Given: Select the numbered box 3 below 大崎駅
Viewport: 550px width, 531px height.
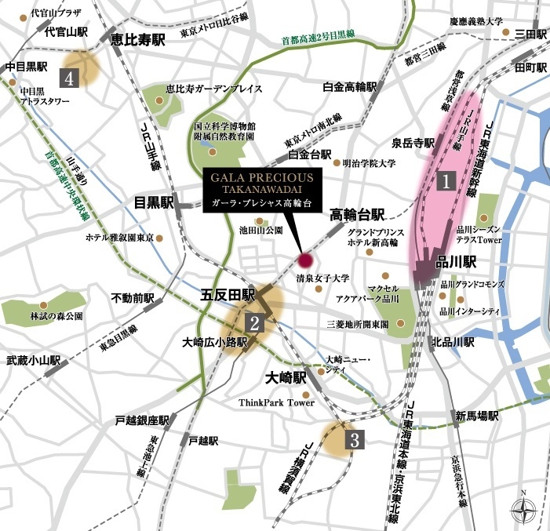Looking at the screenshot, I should coord(355,439).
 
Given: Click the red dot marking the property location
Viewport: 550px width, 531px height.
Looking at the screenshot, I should coord(304,260).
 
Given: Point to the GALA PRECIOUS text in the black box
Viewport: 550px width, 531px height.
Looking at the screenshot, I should coord(260,178).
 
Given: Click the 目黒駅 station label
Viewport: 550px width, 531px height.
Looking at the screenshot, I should coord(152,202).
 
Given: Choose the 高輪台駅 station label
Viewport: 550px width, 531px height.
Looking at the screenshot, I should coord(357,213).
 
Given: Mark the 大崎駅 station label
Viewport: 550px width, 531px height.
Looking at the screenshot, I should coord(283,376).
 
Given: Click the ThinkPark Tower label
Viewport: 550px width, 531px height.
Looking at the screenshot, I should coord(277,403).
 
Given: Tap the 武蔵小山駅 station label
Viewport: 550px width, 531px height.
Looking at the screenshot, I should coord(34,361).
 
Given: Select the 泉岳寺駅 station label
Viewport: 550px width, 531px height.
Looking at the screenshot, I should coord(413,144).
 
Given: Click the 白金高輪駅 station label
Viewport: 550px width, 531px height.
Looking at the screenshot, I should coord(351,86).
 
